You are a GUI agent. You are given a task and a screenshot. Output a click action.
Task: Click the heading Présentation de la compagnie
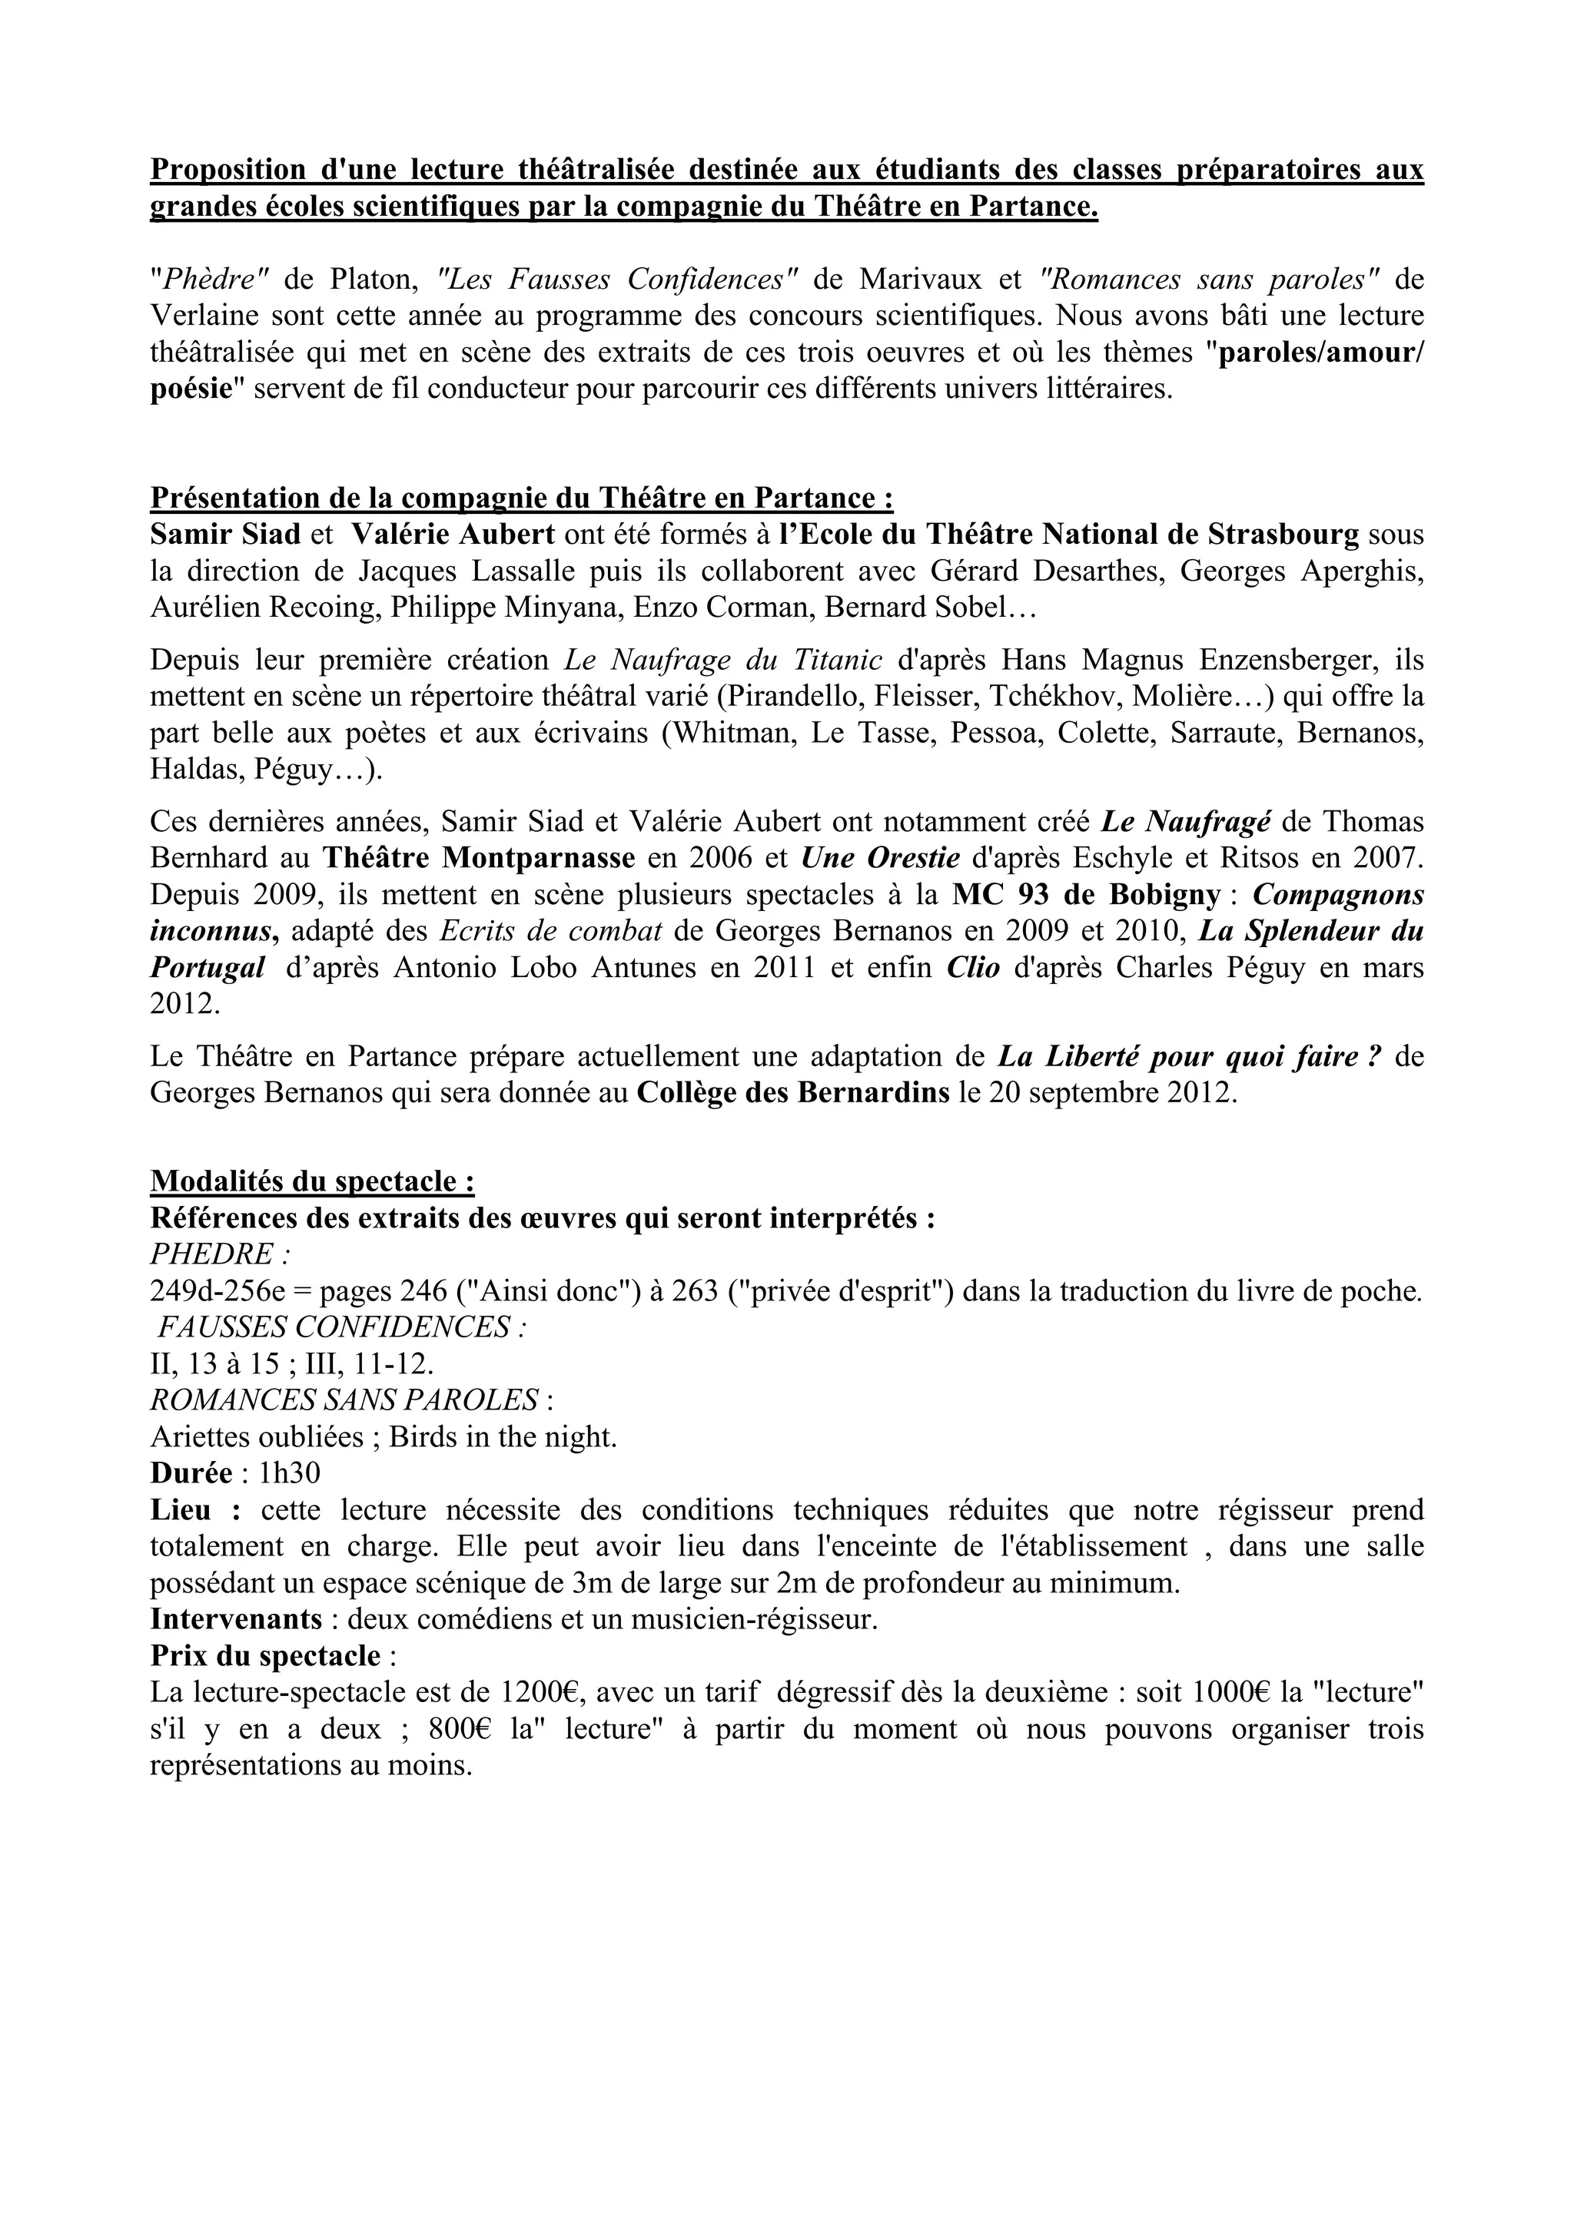coord(521,499)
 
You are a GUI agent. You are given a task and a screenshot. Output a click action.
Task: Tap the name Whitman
coord(734,734)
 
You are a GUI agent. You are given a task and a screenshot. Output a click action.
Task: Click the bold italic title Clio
coord(973,968)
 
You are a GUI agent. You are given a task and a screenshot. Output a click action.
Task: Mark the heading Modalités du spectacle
coord(312,1182)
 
